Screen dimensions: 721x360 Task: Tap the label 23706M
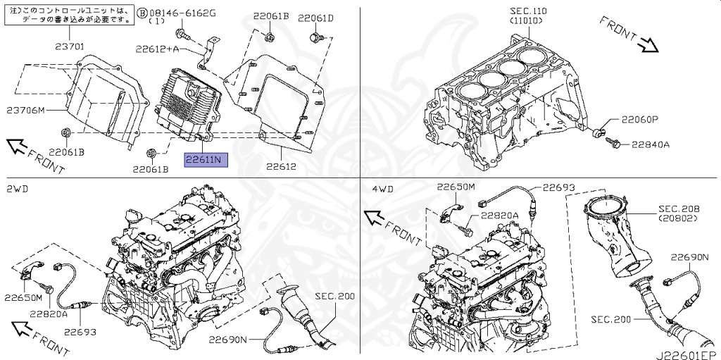click(26, 111)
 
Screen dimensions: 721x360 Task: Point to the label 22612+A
click(157, 49)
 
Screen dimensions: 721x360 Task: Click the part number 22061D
click(315, 18)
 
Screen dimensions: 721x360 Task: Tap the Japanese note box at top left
click(68, 15)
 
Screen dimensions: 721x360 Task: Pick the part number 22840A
click(649, 144)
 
